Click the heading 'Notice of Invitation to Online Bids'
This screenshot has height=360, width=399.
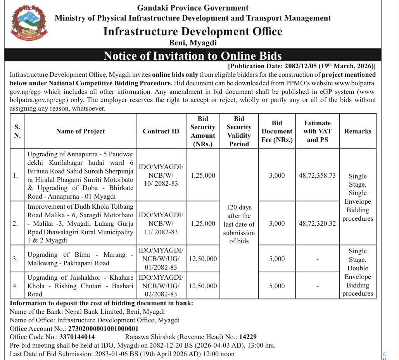pos(192,55)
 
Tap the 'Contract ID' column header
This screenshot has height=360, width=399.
pos(161,131)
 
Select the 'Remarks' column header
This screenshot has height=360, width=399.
pos(358,131)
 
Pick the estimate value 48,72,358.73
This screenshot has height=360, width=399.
pos(317,175)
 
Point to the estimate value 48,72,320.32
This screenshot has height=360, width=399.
pos(317,223)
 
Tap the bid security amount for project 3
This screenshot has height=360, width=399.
pos(203,259)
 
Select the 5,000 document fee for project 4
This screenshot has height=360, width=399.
pos(277,286)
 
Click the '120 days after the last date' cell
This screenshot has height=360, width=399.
pos(239,224)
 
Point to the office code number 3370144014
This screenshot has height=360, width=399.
pos(77,337)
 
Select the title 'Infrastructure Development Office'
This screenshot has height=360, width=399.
pos(193,31)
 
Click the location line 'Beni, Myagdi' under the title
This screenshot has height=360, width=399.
pos(193,43)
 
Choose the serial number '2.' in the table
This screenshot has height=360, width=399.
pos(15,223)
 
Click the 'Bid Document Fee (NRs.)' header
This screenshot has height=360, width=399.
pos(277,131)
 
